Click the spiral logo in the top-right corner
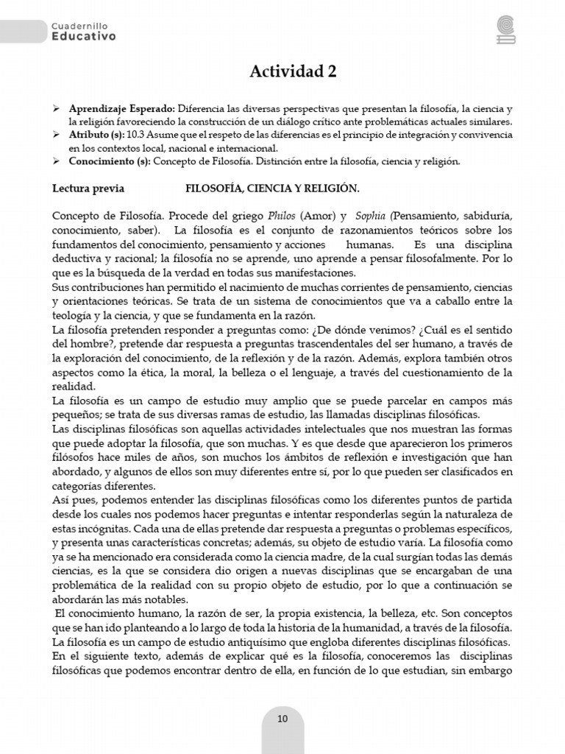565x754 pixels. pos(506,29)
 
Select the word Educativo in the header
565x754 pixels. pos(84,36)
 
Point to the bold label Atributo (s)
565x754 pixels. pos(96,135)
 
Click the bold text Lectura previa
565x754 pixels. pos(88,188)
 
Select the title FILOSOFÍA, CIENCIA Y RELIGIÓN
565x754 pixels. pos(272,188)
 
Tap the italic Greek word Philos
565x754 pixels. pos(283,216)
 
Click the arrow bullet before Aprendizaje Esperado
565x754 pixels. pos(57,108)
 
